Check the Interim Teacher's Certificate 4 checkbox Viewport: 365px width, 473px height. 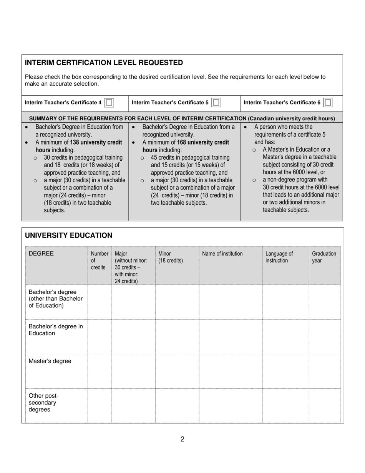(109, 103)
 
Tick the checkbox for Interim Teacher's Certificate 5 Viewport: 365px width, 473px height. (216, 103)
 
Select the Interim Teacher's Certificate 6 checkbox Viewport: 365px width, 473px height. (328, 103)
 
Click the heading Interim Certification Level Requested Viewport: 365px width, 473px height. (104, 63)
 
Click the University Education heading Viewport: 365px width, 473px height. (68, 235)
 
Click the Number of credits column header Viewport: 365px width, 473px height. (100, 260)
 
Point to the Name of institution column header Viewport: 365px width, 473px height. (222, 254)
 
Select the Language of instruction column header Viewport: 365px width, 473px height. (279, 257)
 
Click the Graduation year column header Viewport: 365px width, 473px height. (324, 257)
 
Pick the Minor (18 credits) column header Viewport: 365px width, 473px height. (171, 257)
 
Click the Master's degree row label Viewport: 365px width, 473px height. (50, 361)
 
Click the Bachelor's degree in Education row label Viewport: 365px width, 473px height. (56, 330)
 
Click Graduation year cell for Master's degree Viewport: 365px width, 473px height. (325, 371)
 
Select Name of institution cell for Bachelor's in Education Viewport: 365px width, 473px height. (231, 336)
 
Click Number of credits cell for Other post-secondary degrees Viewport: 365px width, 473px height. (100, 406)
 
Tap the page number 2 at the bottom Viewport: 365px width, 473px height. (182, 439)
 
